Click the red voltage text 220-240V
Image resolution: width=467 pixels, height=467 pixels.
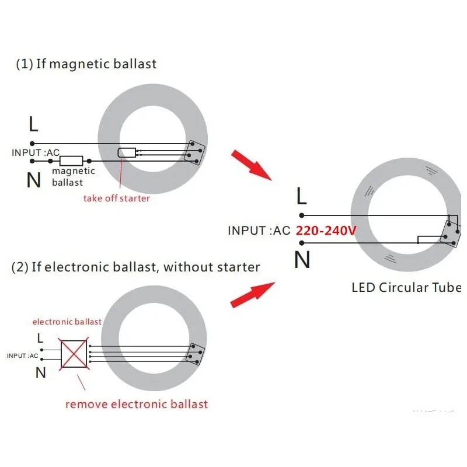click(x=326, y=230)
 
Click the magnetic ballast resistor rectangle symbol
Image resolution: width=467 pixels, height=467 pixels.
click(x=71, y=160)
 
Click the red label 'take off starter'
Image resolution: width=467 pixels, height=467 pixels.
click(x=116, y=198)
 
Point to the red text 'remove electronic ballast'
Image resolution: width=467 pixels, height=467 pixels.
click(x=137, y=404)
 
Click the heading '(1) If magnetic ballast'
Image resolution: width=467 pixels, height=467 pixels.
click(x=86, y=64)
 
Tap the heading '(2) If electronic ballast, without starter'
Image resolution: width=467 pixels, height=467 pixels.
click(x=135, y=267)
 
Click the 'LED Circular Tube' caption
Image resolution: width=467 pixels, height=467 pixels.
click(x=406, y=287)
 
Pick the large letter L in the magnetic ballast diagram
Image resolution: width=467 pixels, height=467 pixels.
click(x=34, y=124)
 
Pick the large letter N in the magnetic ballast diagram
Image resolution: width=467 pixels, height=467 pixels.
click(x=34, y=180)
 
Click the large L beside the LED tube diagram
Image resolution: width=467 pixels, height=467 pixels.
click(x=301, y=197)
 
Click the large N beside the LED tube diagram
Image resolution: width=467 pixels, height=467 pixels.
click(x=302, y=260)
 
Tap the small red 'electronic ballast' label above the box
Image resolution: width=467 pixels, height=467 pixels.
click(x=67, y=322)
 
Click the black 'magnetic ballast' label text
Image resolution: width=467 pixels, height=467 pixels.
click(x=73, y=177)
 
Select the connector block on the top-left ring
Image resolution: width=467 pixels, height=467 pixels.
click(x=194, y=151)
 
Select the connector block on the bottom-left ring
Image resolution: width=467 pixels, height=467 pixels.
click(x=194, y=354)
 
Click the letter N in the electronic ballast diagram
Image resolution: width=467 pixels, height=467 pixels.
click(x=40, y=372)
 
